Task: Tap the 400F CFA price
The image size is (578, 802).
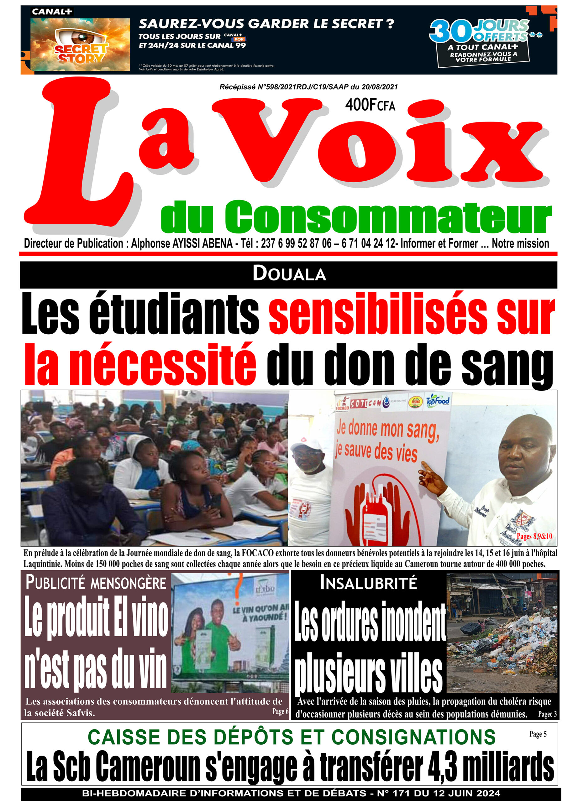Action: coord(370,105)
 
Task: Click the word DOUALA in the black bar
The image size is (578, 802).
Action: coord(289,274)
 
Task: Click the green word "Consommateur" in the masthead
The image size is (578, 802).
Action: coord(388,217)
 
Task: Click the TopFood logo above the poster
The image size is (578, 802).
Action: coord(438,401)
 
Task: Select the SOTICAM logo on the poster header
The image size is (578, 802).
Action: coord(366,403)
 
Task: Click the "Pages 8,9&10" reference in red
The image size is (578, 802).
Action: coord(534,536)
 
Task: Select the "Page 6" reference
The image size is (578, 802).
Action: coord(280,711)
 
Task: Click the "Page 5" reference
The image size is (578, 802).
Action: coord(538,734)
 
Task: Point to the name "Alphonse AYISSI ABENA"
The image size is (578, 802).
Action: coord(181,244)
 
